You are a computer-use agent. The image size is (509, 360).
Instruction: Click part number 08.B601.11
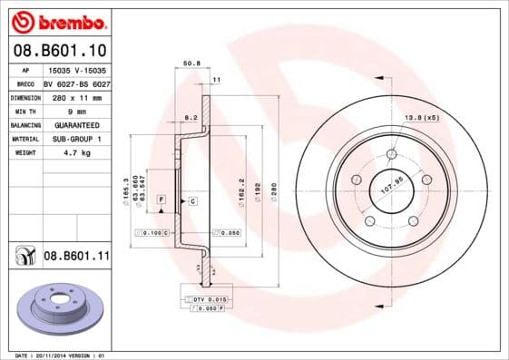(x=76, y=258)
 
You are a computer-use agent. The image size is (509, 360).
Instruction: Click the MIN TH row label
(x=25, y=111)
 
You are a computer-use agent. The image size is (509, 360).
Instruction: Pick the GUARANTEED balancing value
(x=72, y=125)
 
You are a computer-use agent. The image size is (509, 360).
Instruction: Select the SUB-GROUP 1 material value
(x=72, y=139)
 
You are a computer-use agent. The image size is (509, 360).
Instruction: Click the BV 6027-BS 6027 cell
(x=77, y=83)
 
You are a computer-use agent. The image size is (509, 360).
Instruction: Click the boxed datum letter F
(x=161, y=199)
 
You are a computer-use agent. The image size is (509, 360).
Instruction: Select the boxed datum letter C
(x=192, y=200)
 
